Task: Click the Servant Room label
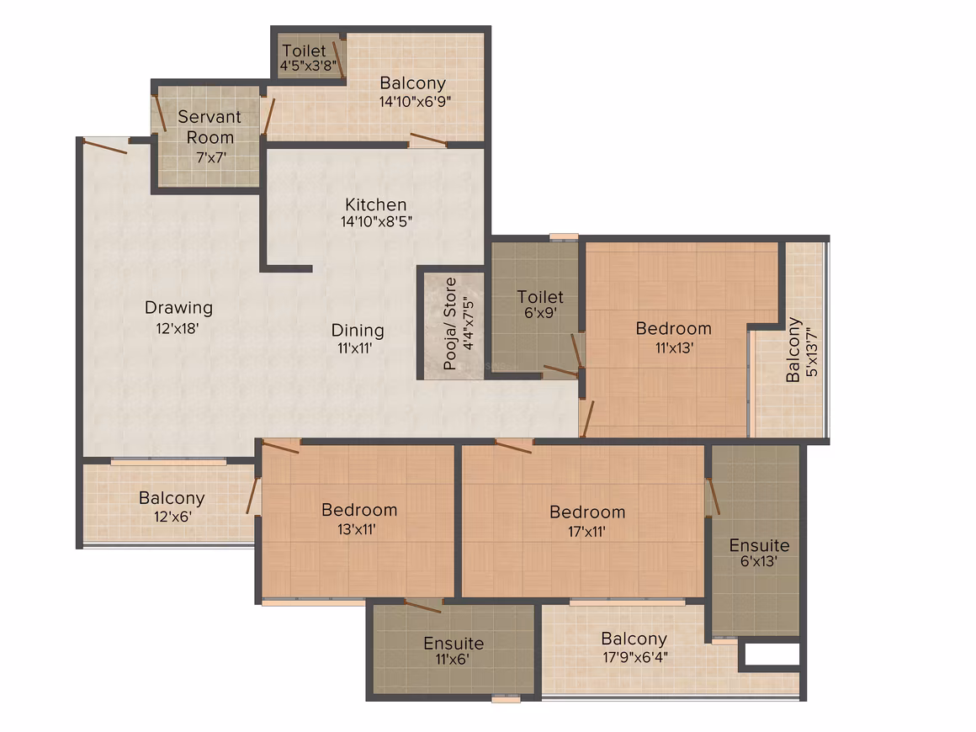(x=210, y=127)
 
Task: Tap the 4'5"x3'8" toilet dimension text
(x=308, y=66)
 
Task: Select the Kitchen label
(x=376, y=204)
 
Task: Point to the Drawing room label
(x=178, y=307)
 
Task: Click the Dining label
(x=358, y=331)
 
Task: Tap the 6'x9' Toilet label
(x=540, y=297)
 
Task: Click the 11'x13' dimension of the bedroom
(x=674, y=348)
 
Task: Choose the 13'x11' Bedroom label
(x=359, y=510)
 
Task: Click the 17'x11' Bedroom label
(x=587, y=512)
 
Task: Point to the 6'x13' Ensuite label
(x=760, y=545)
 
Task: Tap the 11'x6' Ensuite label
(x=454, y=643)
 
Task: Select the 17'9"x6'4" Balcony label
(x=634, y=639)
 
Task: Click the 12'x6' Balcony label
(x=172, y=498)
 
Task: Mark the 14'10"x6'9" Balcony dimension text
(x=415, y=102)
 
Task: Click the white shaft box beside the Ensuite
(x=772, y=655)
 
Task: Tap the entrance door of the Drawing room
(x=105, y=146)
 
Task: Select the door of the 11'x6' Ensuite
(x=422, y=606)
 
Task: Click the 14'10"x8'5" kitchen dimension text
(x=376, y=221)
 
